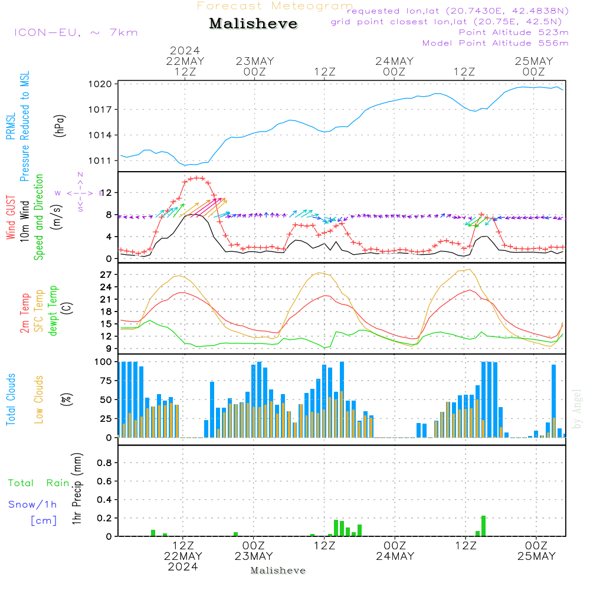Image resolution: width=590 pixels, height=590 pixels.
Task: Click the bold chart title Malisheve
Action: click(253, 24)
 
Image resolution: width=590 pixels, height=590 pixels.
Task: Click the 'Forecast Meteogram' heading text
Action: click(275, 6)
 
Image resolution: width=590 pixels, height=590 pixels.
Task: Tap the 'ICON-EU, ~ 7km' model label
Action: click(76, 32)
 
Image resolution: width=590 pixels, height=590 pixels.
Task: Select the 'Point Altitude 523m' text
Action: click(513, 32)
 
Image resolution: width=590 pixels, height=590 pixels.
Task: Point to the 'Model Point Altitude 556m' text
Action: click(495, 43)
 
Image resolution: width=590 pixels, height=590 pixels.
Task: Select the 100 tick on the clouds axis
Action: click(104, 362)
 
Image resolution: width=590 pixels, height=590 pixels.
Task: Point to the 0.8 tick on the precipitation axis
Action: click(104, 463)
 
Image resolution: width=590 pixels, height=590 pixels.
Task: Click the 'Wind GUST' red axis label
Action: click(11, 218)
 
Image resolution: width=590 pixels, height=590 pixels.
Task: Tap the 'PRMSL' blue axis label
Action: click(11, 127)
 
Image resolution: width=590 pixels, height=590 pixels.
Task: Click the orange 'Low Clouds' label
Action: click(39, 399)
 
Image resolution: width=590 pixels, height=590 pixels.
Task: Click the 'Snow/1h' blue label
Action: click(32, 504)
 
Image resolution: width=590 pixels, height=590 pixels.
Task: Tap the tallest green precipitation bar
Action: click(483, 526)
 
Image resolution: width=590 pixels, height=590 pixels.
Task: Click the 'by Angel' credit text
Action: click(577, 409)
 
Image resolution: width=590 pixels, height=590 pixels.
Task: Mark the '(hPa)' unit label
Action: click(59, 125)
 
